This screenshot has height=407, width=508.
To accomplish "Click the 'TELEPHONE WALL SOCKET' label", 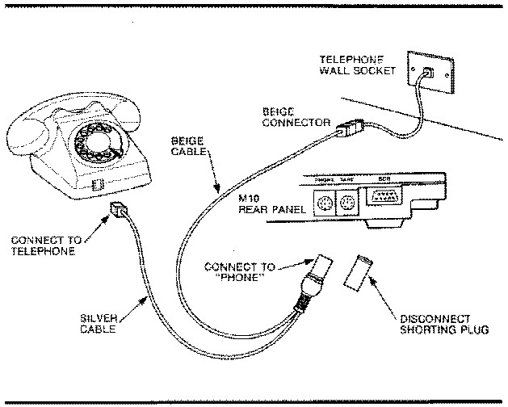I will (357, 65).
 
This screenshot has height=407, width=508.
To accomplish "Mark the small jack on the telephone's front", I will (96, 185).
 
